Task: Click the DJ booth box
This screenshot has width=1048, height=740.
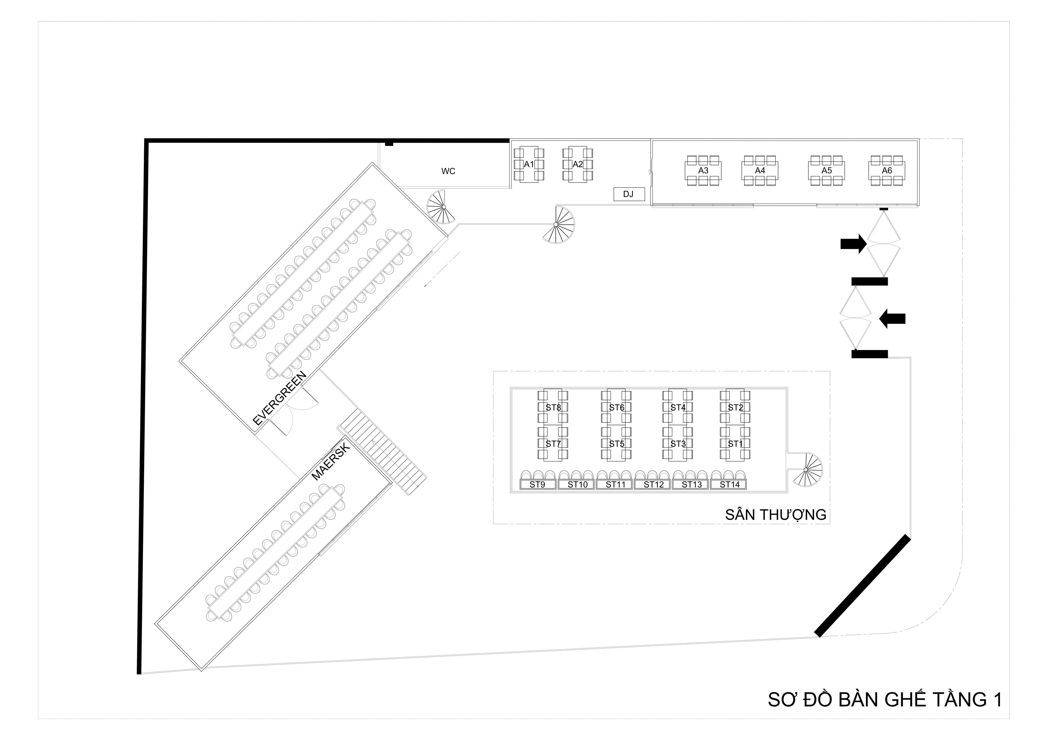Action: pyautogui.click(x=629, y=194)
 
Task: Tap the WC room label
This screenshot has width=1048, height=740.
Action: pyautogui.click(x=448, y=171)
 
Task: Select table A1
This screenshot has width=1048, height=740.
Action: pyautogui.click(x=529, y=164)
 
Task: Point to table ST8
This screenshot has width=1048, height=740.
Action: pyautogui.click(x=553, y=407)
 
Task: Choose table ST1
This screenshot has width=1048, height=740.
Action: pyautogui.click(x=735, y=443)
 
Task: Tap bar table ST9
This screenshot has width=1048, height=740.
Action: pyautogui.click(x=537, y=485)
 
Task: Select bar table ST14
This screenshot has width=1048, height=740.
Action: pyautogui.click(x=729, y=485)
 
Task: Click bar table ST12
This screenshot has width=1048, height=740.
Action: pyautogui.click(x=653, y=485)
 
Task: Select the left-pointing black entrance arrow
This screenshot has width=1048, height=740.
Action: pyautogui.click(x=892, y=318)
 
